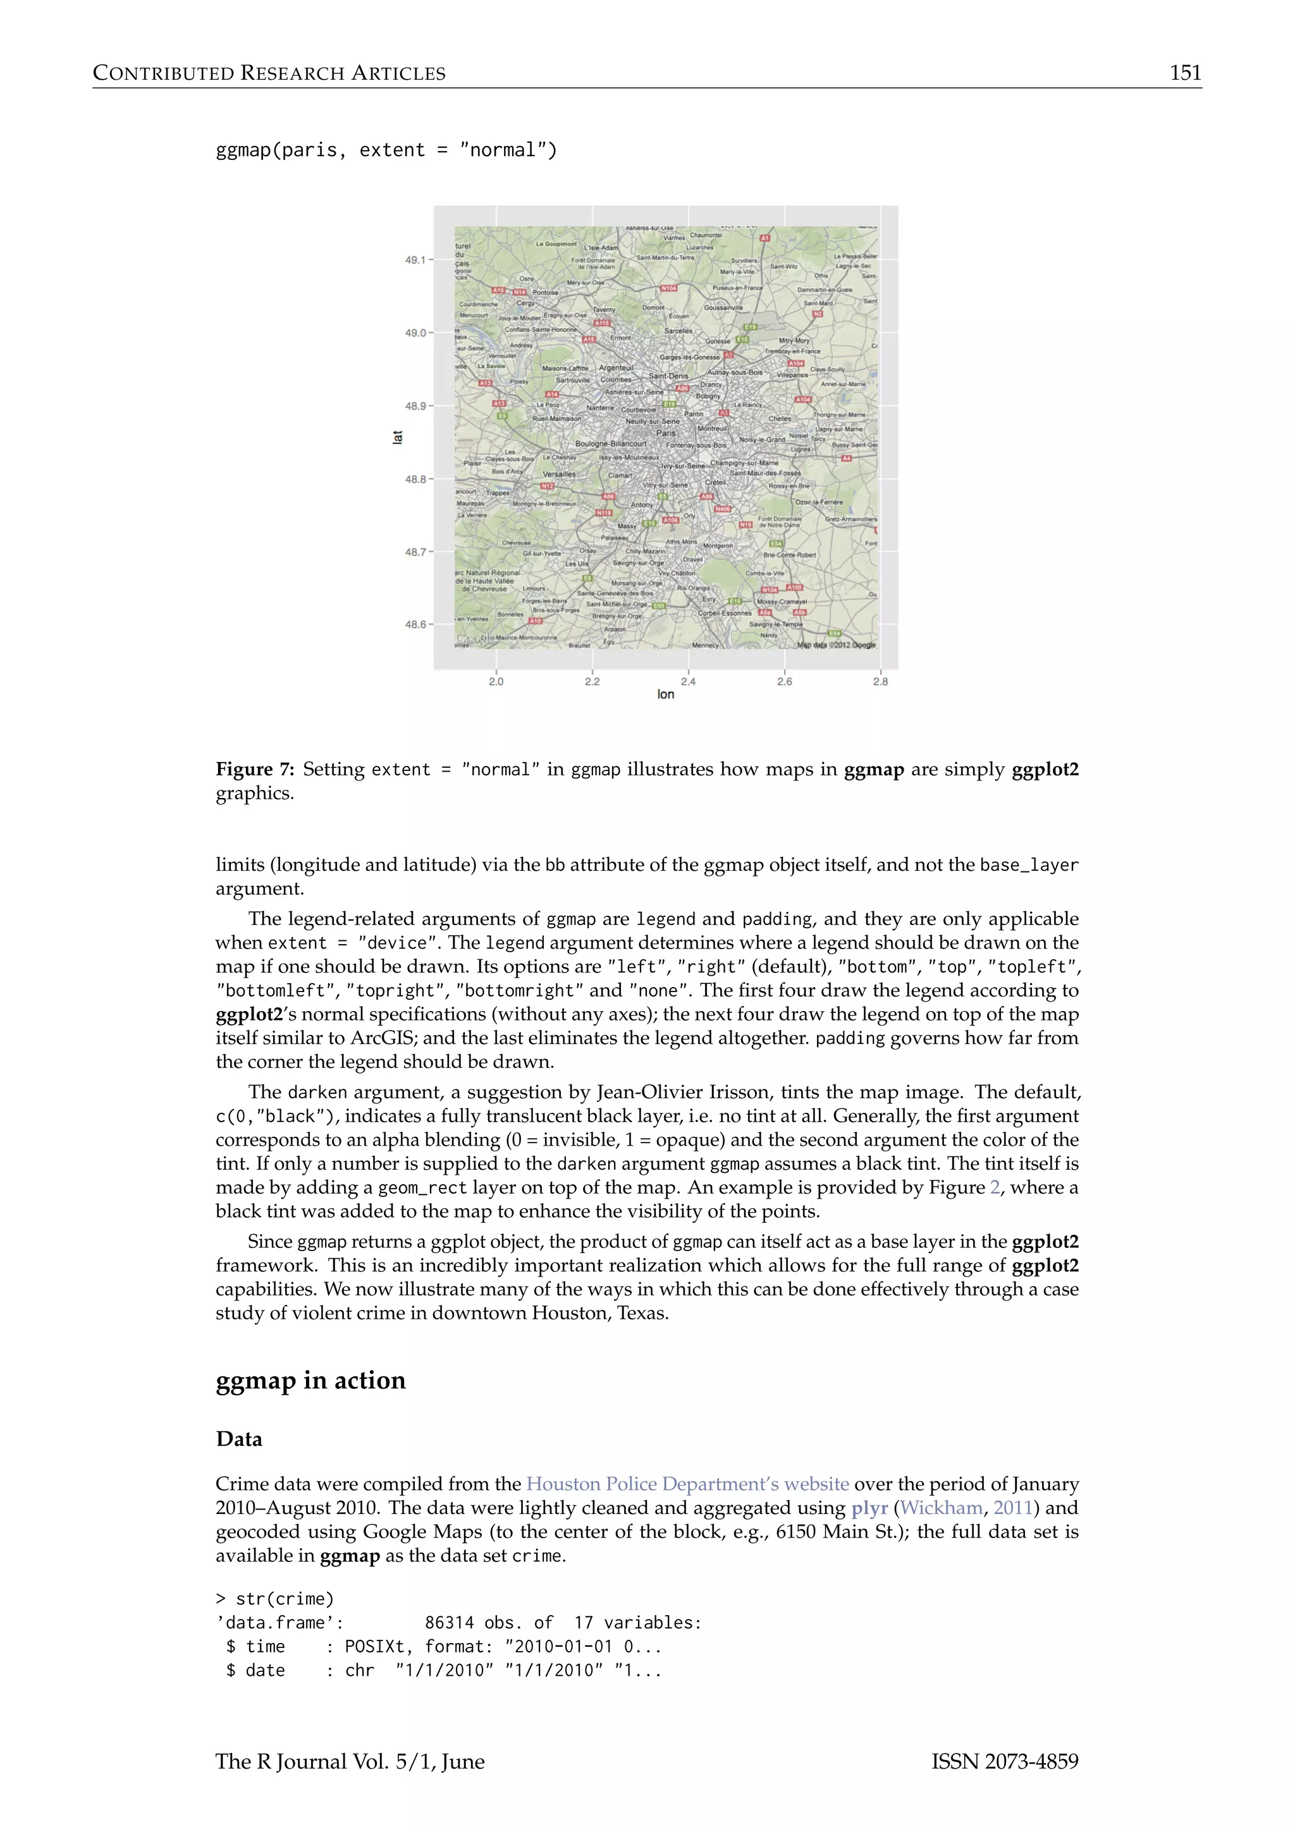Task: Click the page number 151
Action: coord(1185,73)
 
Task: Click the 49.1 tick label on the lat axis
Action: coord(415,260)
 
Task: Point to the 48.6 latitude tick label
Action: coord(415,624)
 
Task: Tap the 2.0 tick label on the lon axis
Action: coord(496,681)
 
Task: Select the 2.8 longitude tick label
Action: coord(880,681)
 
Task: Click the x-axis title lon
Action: coord(666,695)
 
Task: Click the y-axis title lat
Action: coord(397,437)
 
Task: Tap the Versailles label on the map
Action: coord(559,474)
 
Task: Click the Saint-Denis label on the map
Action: coord(668,376)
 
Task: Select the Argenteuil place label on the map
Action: coord(616,367)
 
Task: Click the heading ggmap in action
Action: coord(310,1381)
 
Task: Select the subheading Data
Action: coord(238,1439)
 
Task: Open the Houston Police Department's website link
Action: coord(687,1484)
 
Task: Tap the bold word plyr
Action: coord(869,1508)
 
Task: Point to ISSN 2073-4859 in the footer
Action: coord(1005,1762)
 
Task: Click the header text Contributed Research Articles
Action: coord(269,73)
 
